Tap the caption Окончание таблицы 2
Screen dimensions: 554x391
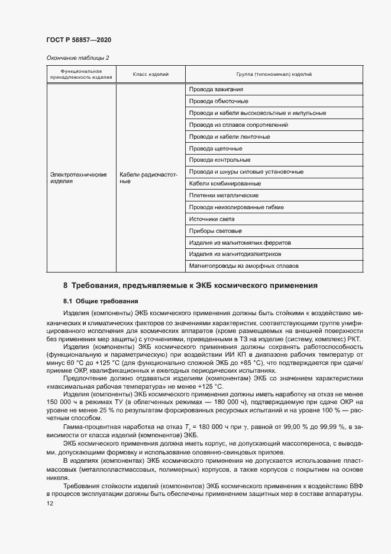coord(77,57)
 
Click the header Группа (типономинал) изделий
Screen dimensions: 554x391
coord(274,74)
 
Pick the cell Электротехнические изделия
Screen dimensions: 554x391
coord(78,178)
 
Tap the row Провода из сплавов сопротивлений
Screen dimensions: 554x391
coord(238,125)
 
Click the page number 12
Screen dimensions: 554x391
coord(50,503)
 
